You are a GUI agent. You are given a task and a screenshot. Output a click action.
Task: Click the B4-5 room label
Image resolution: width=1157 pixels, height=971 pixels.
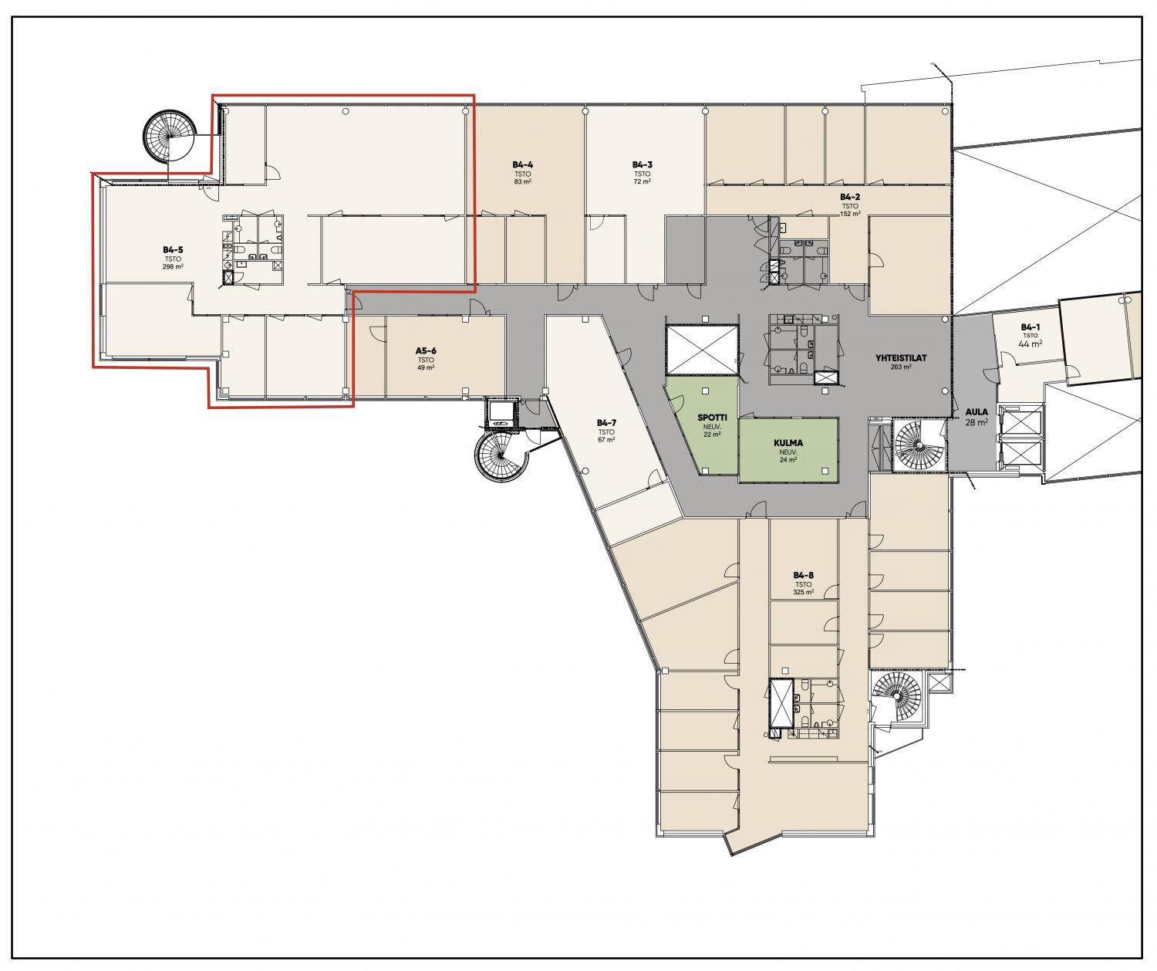[x=173, y=250]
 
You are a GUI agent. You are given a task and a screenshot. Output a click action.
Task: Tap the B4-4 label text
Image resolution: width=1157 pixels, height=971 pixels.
[x=522, y=164]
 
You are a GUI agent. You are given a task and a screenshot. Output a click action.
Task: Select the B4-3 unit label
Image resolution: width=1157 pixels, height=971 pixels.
[x=643, y=164]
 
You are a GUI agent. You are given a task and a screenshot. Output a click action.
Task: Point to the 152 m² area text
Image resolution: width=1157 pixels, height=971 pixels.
[x=850, y=214]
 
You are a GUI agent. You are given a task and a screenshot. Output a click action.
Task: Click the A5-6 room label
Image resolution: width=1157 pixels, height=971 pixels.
[x=426, y=351]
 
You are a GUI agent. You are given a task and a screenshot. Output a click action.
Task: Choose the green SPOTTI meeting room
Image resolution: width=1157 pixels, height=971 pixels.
[x=703, y=425]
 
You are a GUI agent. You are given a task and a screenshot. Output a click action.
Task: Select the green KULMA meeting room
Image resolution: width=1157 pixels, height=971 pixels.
[x=788, y=450]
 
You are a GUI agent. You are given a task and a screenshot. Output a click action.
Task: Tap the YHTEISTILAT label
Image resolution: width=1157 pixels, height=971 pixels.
[x=901, y=358]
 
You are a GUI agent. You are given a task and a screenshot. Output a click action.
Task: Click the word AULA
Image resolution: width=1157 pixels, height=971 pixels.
[x=977, y=412]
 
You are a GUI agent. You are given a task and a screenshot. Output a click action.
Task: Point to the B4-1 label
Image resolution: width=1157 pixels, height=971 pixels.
[x=1030, y=327]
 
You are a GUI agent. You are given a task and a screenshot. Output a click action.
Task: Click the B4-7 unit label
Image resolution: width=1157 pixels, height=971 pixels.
[x=606, y=423]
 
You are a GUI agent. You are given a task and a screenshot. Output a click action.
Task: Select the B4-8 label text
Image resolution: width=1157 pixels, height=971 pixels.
[x=804, y=575]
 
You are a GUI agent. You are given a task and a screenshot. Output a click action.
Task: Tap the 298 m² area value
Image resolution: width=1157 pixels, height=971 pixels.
[x=173, y=267]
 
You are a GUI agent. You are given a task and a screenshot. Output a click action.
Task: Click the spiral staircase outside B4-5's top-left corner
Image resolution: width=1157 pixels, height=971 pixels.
[x=168, y=135]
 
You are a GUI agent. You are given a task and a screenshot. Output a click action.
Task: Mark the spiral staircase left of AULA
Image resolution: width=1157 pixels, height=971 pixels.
[x=919, y=446]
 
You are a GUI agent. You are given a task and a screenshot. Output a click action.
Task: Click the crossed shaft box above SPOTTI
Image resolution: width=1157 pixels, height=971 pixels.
[x=703, y=350]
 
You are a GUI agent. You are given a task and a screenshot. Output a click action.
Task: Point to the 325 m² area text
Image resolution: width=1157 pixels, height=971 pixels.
[x=804, y=592]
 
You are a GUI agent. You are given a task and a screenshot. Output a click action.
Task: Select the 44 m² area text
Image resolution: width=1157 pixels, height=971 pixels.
[x=1030, y=343]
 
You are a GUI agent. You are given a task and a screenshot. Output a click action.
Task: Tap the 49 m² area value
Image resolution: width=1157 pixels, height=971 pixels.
[x=426, y=367]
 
